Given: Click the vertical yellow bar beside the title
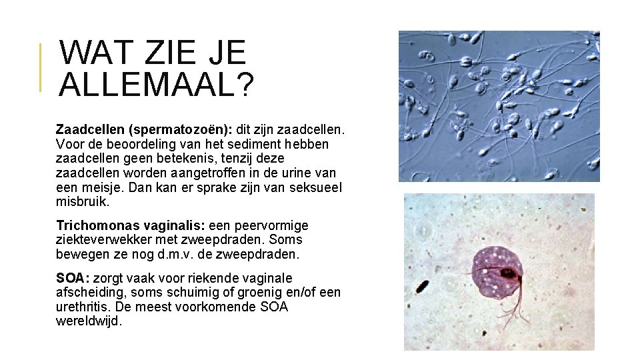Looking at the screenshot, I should [40, 67].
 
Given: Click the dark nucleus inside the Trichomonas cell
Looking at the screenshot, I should [508, 273].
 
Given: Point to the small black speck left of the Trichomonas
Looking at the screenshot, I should [422, 287].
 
